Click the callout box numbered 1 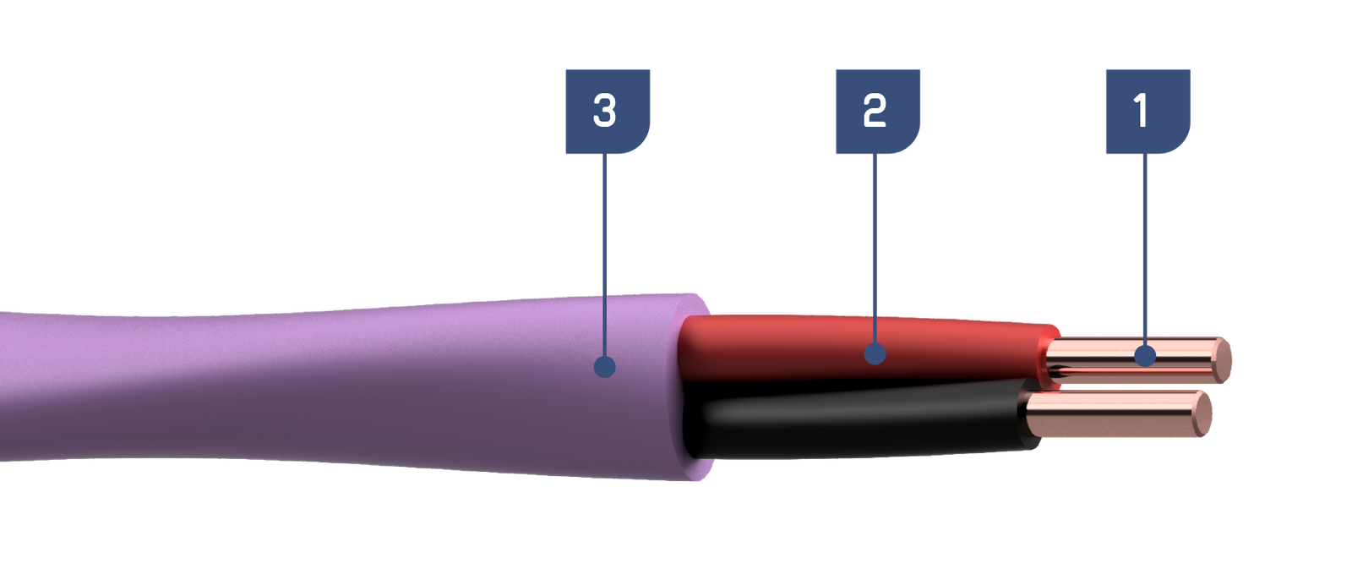click(1148, 111)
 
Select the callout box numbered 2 click(878, 111)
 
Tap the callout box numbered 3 click(608, 111)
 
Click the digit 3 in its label click(604, 111)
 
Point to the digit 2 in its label click(875, 111)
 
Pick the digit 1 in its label click(1141, 111)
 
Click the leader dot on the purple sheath click(604, 367)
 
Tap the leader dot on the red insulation click(875, 353)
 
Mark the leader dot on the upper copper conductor click(1145, 355)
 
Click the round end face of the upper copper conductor click(1222, 360)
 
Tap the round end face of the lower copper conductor click(1203, 413)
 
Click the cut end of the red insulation click(1049, 358)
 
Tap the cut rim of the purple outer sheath click(694, 386)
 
